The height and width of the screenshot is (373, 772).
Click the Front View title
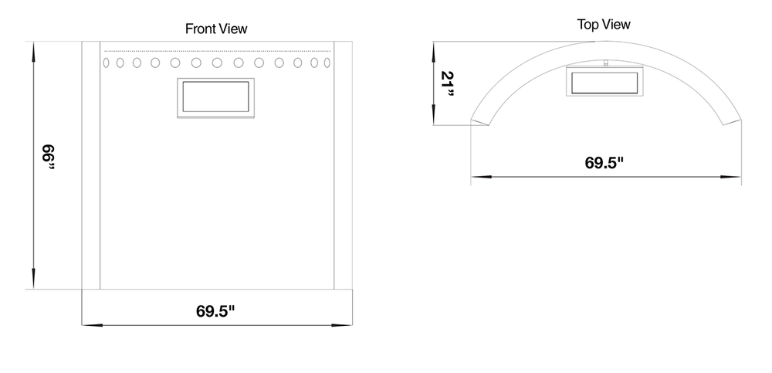coord(216,29)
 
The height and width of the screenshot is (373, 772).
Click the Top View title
coord(604,25)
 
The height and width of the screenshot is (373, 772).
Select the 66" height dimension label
coord(48,157)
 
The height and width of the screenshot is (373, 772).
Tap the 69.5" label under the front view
coord(215,311)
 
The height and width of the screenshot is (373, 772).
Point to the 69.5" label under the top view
coord(604,163)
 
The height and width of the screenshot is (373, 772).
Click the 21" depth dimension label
coord(448,83)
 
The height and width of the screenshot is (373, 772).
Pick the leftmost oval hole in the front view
coord(106,63)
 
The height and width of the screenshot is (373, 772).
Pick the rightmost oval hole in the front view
coord(327,63)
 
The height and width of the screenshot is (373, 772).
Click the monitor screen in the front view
coord(215,97)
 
